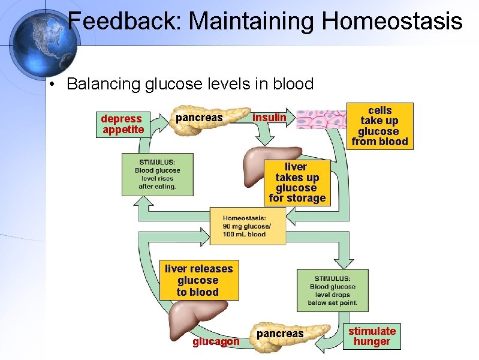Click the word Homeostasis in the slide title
[x=392, y=22]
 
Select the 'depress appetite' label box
[x=122, y=124]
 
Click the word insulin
[x=269, y=118]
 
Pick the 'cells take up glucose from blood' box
[x=379, y=126]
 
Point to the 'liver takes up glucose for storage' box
[x=297, y=182]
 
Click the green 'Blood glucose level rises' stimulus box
[x=158, y=174]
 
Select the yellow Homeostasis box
[x=248, y=226]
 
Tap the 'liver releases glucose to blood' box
[x=198, y=280]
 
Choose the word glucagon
[x=216, y=341]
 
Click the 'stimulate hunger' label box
[x=372, y=336]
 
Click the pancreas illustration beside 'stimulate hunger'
[x=294, y=334]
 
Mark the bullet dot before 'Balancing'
[x=53, y=85]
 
